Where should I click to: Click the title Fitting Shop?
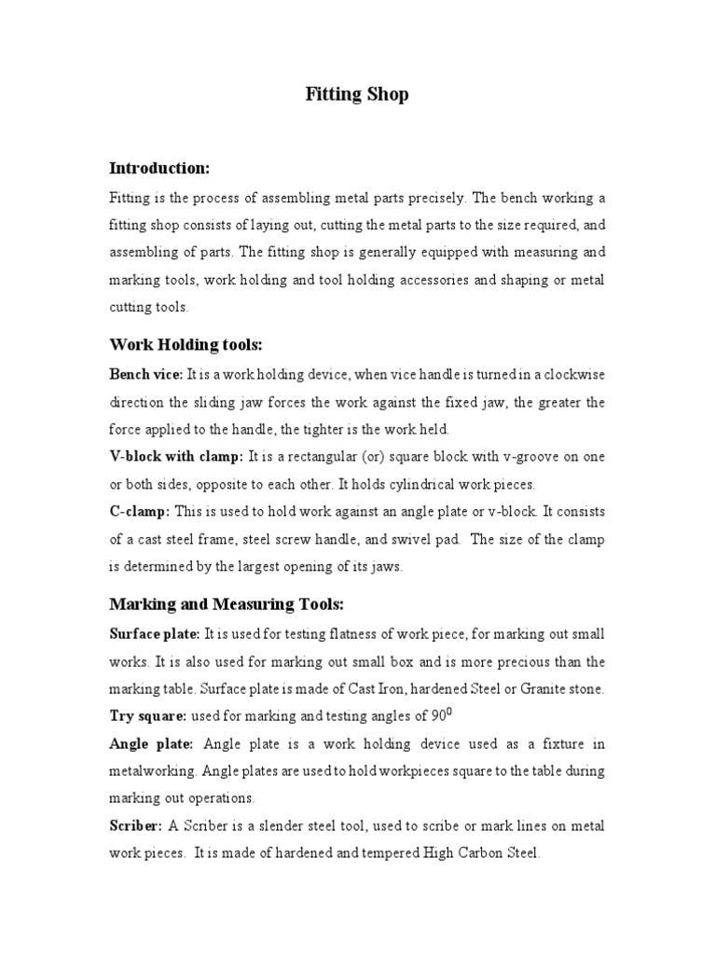(x=357, y=94)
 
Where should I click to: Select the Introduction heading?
(x=159, y=169)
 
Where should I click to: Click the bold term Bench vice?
(x=146, y=375)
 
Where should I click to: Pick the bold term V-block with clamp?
(x=176, y=457)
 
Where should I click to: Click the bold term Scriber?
(x=136, y=825)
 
